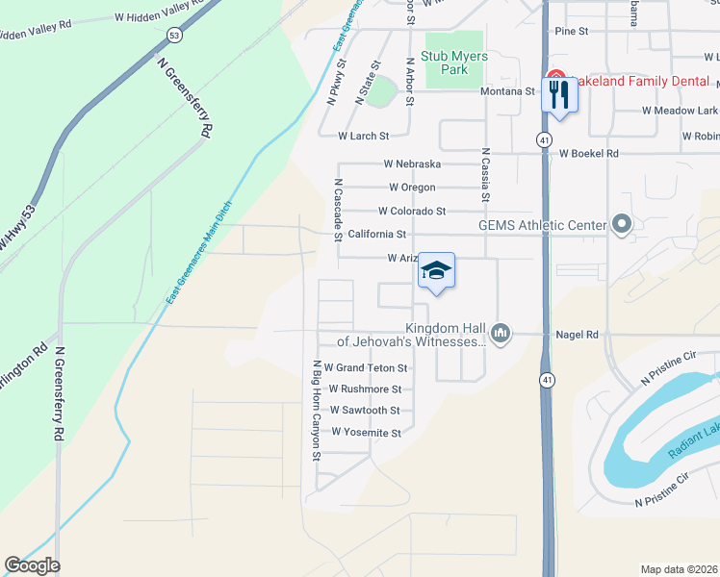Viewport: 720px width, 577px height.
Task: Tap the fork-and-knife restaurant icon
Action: pyautogui.click(x=558, y=93)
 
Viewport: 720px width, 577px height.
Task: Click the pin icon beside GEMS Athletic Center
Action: pyautogui.click(x=621, y=226)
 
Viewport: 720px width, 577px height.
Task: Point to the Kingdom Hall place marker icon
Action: pyautogui.click(x=500, y=334)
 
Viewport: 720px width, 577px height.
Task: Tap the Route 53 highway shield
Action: pyautogui.click(x=173, y=35)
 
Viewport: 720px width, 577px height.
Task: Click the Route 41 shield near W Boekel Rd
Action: pyautogui.click(x=545, y=140)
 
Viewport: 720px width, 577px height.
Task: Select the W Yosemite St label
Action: pyautogui.click(x=366, y=433)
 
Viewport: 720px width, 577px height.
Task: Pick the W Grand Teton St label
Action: pyautogui.click(x=366, y=367)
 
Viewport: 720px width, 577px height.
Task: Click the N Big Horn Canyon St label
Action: pyautogui.click(x=315, y=411)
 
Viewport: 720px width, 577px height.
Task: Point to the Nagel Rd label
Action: pyautogui.click(x=578, y=335)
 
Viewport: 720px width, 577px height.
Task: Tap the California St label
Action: pyautogui.click(x=377, y=234)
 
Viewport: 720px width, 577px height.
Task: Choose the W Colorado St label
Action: pyautogui.click(x=412, y=211)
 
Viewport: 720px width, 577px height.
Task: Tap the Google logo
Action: pyautogui.click(x=32, y=565)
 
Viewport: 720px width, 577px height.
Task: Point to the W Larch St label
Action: pyautogui.click(x=363, y=137)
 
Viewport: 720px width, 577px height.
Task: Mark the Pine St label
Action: pyautogui.click(x=571, y=31)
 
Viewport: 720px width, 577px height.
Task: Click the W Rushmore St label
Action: pyautogui.click(x=365, y=389)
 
